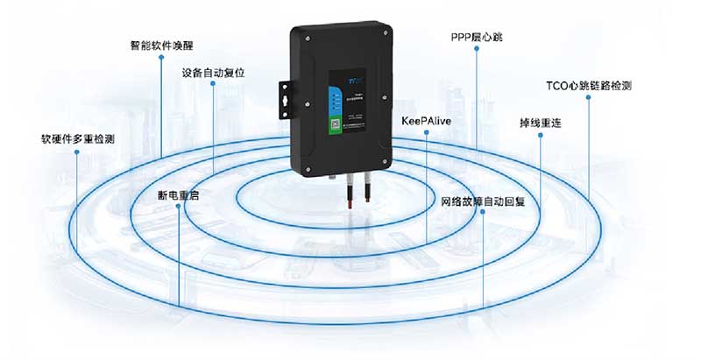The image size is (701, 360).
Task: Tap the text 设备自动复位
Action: [213, 73]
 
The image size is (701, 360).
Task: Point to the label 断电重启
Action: [178, 195]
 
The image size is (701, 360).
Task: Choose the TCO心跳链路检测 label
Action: [588, 86]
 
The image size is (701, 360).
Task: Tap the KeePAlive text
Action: [426, 120]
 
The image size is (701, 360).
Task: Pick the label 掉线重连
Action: [541, 123]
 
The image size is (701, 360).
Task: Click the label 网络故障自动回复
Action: [482, 201]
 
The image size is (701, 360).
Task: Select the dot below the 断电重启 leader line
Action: [178, 208]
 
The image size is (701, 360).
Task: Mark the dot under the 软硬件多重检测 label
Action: [78, 152]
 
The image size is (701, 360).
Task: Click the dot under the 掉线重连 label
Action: [541, 137]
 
